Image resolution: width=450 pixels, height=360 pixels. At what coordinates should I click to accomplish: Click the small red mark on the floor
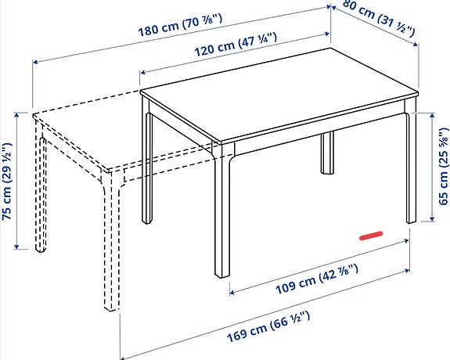click(369, 233)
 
